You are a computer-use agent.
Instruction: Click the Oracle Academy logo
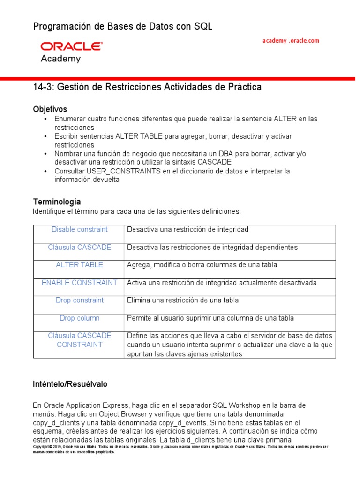pos(71,52)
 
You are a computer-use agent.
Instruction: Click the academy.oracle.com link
pos(290,41)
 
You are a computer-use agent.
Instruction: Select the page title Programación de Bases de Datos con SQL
pos(123,27)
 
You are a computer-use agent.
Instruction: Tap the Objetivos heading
pos(50,109)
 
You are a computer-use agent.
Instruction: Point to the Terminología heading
pos(57,202)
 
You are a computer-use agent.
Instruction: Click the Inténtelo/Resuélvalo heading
pos(70,384)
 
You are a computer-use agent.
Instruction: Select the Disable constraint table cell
pos(79,230)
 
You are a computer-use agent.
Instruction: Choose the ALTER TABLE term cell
pos(79,265)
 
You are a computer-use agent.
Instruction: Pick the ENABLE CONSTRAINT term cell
pos(79,283)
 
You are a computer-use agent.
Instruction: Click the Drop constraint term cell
pos(79,300)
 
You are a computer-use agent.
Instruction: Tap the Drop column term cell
pos(79,318)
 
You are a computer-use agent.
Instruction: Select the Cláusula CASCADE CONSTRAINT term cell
pos(79,340)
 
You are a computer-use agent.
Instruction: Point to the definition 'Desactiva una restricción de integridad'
pos(187,230)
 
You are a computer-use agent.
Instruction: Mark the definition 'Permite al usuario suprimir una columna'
pos(210,318)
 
